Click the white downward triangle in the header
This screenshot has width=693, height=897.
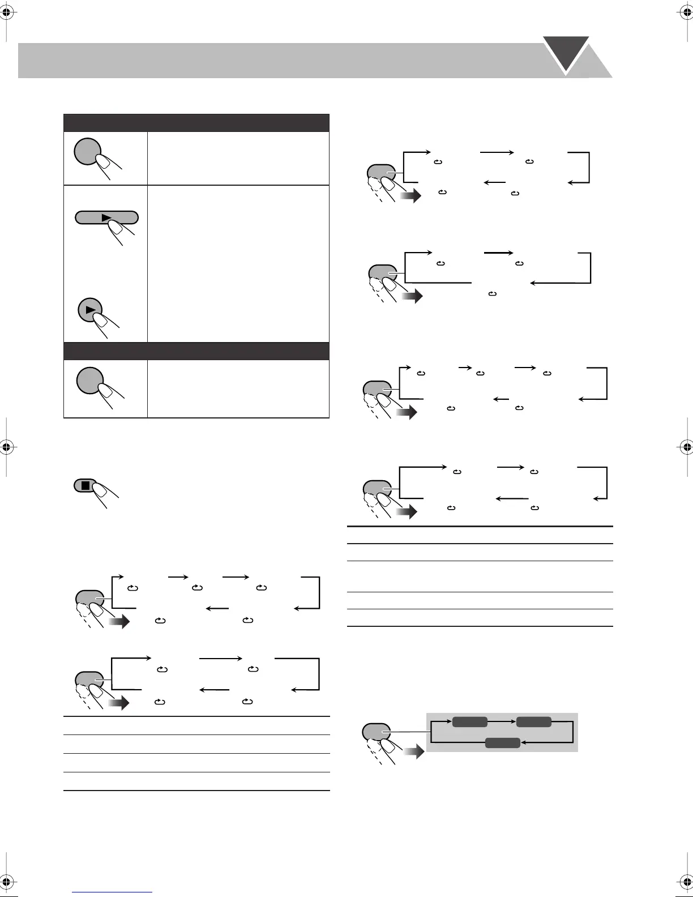click(566, 52)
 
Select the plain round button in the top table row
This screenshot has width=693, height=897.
click(87, 151)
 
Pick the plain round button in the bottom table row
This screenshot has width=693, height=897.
click(89, 381)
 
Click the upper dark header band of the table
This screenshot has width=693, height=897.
click(196, 123)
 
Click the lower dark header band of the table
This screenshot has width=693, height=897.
click(196, 351)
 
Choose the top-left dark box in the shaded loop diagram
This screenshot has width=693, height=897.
click(469, 721)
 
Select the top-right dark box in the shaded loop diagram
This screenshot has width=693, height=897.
click(533, 721)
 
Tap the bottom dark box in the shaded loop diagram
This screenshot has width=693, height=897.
click(502, 743)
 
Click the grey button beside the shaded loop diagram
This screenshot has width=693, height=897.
click(376, 732)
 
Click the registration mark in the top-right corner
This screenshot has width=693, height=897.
click(686, 14)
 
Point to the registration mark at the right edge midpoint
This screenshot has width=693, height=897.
click(686, 447)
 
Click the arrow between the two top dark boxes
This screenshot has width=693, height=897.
click(502, 721)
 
